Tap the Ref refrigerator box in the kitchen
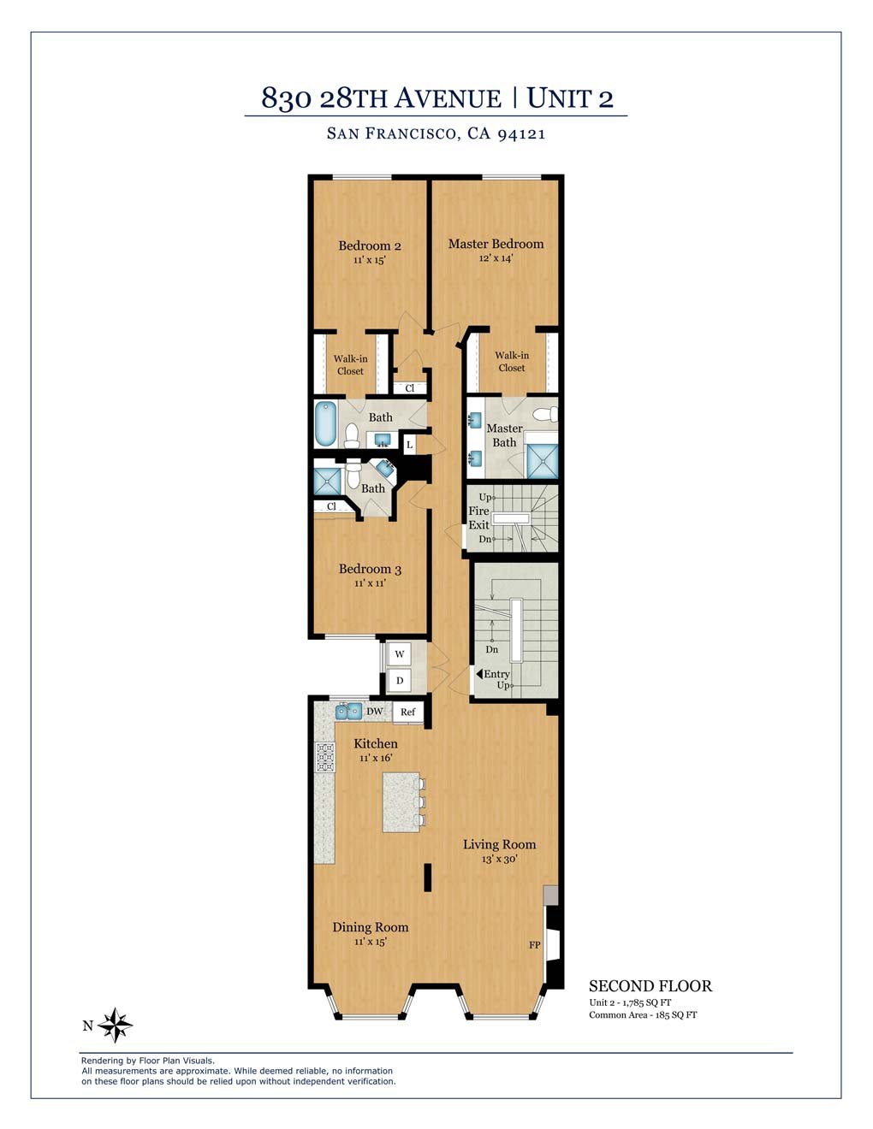(407, 712)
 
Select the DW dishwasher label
(374, 712)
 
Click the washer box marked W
(400, 653)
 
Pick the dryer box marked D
(400, 680)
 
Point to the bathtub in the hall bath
(326, 423)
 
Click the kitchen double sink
(349, 710)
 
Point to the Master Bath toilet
(546, 414)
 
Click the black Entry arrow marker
(479, 674)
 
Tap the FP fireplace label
(535, 945)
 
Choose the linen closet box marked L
(410, 445)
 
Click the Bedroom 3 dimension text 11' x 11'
(370, 583)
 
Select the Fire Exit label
(478, 518)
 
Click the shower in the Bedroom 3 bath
(328, 482)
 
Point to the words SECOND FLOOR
(650, 986)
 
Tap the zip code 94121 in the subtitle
(521, 134)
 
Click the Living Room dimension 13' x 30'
(499, 859)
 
